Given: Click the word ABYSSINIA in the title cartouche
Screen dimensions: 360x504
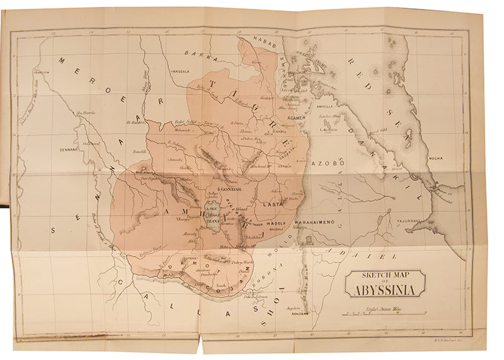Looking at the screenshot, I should [384, 291].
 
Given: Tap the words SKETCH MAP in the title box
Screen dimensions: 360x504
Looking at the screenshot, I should [384, 275].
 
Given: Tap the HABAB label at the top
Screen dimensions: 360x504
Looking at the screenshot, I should [260, 39].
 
